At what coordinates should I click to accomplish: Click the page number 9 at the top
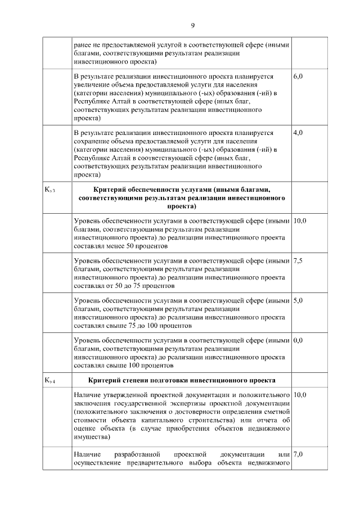tap(192, 26)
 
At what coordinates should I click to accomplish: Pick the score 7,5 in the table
tap(299, 261)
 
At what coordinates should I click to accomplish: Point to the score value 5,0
tap(299, 300)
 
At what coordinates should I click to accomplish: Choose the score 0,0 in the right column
tap(299, 340)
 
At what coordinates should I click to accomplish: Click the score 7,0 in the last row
tap(299, 454)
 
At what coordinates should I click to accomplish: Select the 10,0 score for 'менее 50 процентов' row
tap(300, 221)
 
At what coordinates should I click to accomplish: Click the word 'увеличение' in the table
tap(91, 83)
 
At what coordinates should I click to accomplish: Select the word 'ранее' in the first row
tap(83, 43)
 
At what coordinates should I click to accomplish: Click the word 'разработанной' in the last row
tap(138, 454)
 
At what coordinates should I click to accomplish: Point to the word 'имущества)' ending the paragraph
tap(92, 436)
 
